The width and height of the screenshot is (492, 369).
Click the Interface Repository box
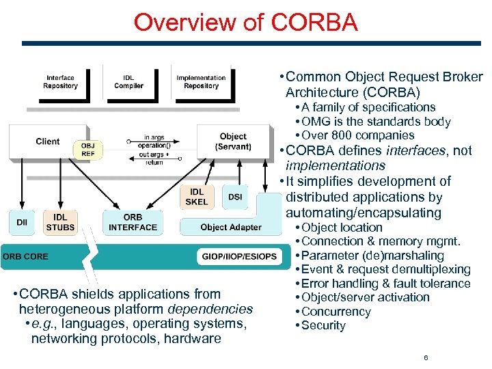click(x=60, y=82)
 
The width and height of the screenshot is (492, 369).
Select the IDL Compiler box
click(x=128, y=82)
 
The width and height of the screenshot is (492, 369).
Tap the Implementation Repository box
click(x=201, y=82)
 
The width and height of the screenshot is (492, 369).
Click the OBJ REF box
click(x=88, y=150)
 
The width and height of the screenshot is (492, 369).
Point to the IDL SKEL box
click(x=197, y=197)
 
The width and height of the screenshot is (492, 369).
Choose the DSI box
click(x=235, y=197)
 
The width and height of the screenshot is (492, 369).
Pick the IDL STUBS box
click(x=60, y=223)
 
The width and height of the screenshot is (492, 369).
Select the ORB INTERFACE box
click(x=133, y=223)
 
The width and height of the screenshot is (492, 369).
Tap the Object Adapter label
click(x=231, y=227)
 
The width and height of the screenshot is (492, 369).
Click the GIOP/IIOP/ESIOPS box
click(x=239, y=257)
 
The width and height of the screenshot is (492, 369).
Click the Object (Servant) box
click(x=233, y=141)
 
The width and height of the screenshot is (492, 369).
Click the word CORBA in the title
click(x=314, y=22)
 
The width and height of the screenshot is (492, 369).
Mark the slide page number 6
click(x=426, y=357)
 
